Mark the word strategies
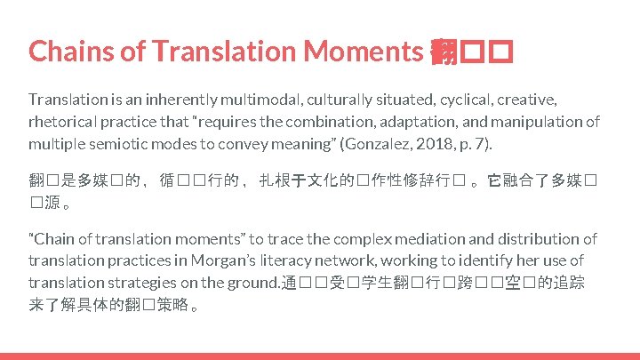146,283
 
